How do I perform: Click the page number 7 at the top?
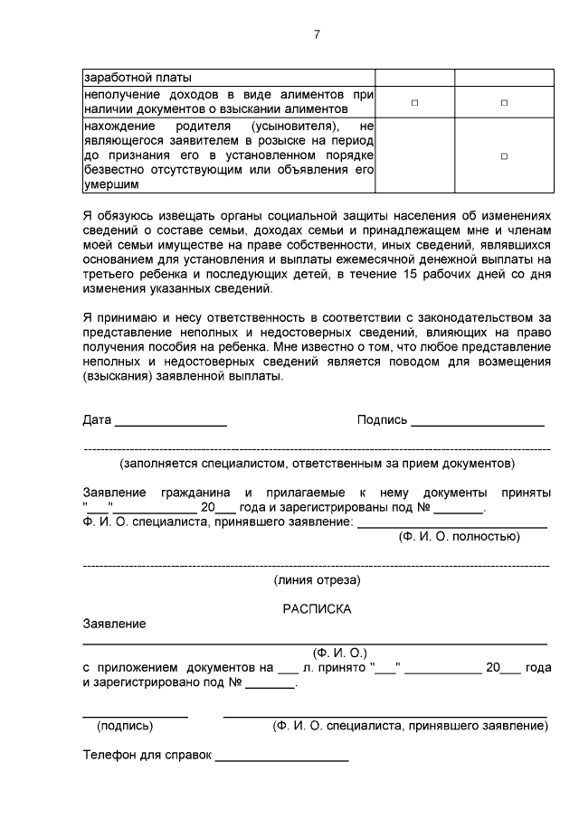tap(316, 34)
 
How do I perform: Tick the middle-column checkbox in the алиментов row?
tap(414, 103)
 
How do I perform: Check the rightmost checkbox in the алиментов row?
tap(504, 103)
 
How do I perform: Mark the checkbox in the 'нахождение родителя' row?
tap(504, 155)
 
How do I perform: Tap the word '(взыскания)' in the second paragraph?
tap(115, 378)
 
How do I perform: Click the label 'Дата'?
tap(97, 420)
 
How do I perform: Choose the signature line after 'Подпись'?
tap(478, 424)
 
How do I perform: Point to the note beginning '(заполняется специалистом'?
tap(317, 463)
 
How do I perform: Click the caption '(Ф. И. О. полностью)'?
tap(460, 536)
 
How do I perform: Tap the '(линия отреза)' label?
tap(317, 579)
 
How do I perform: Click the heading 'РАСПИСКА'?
tap(317, 609)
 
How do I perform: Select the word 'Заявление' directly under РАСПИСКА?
tap(113, 624)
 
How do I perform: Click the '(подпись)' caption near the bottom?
tap(125, 725)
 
